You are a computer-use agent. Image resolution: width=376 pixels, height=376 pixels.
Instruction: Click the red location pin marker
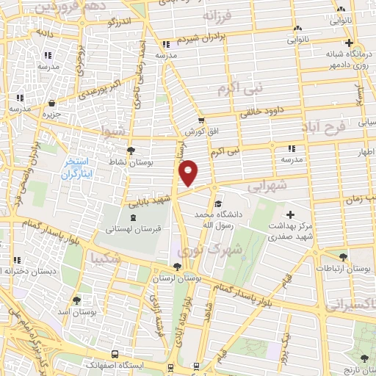tap(189, 172)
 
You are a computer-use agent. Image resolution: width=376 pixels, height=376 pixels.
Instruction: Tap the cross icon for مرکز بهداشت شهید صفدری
tap(291, 214)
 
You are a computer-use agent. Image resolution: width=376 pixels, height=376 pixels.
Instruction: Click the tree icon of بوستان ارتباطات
tap(343, 257)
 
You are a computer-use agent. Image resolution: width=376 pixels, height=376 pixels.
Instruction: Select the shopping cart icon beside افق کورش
tap(200, 121)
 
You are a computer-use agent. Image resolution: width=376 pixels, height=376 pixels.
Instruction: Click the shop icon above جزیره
tap(51, 104)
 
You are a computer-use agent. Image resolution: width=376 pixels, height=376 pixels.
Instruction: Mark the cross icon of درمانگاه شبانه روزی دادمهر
tap(350, 43)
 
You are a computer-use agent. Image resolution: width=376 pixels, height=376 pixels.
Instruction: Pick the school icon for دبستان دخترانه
tap(7, 271)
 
